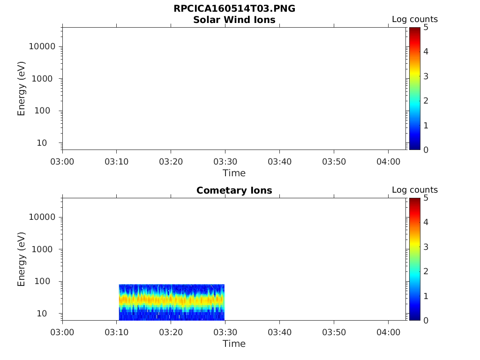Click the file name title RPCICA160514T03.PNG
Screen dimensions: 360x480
click(x=234, y=9)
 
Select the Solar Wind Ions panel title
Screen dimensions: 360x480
click(x=234, y=20)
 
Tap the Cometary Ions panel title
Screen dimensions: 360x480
click(x=234, y=190)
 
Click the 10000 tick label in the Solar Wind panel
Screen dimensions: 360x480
click(x=42, y=46)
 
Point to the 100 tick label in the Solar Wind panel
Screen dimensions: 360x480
click(x=48, y=111)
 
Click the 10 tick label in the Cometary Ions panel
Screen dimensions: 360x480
click(x=50, y=313)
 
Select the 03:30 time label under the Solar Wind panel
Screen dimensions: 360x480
click(x=225, y=161)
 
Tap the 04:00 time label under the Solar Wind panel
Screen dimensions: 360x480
click(x=388, y=161)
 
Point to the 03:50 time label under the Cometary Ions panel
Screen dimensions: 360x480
click(x=333, y=332)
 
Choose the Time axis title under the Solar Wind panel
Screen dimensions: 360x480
click(x=234, y=173)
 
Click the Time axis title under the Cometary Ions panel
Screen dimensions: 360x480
click(x=234, y=344)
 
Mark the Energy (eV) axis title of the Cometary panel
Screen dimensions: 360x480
click(x=22, y=259)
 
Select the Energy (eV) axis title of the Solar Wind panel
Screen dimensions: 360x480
click(x=22, y=88)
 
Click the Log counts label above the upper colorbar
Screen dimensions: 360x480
click(x=414, y=20)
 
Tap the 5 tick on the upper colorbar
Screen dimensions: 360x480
click(x=426, y=27)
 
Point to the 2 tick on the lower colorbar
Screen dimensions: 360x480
click(x=426, y=271)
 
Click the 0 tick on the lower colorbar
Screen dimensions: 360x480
click(x=426, y=320)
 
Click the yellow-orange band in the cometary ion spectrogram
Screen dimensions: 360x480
click(x=172, y=300)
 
